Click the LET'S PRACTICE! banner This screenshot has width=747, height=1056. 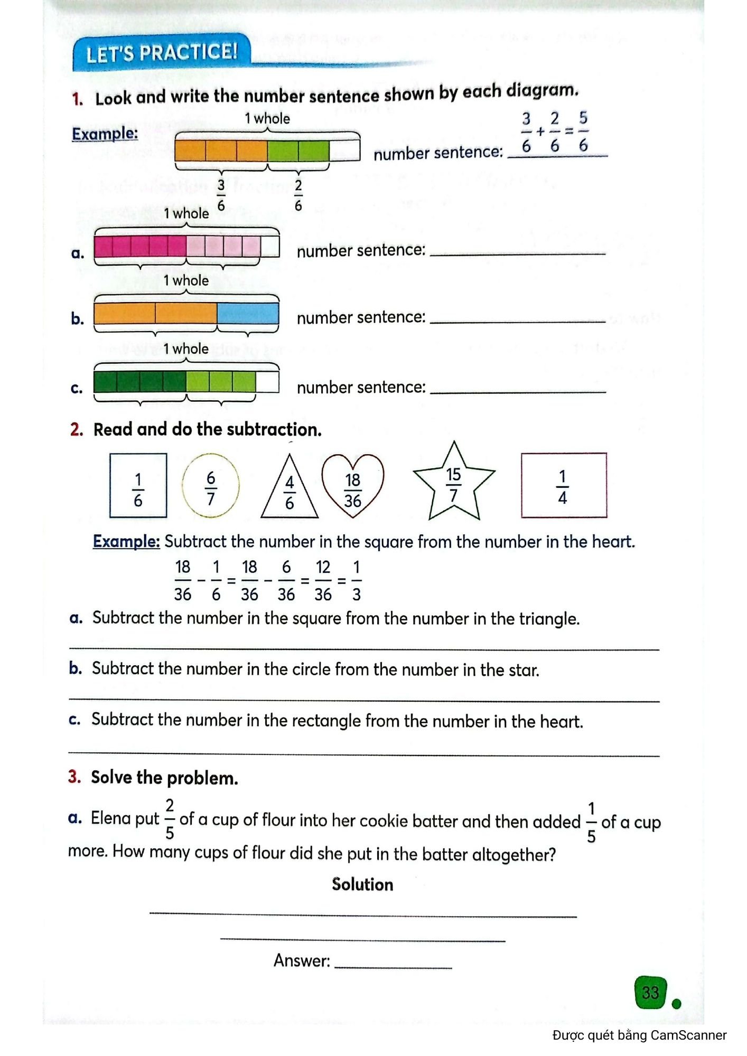[x=161, y=52]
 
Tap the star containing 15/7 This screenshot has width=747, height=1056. [x=453, y=484]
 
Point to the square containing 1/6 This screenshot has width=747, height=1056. [x=138, y=486]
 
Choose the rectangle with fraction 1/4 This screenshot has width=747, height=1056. [x=563, y=485]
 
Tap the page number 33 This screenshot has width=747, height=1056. [x=650, y=992]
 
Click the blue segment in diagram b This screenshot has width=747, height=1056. [x=248, y=314]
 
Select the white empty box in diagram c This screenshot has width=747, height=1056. [x=267, y=382]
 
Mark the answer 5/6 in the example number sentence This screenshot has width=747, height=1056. [x=583, y=131]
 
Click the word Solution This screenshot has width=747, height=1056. [x=362, y=884]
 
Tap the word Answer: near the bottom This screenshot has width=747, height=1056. [x=302, y=960]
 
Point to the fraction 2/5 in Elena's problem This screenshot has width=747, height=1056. [x=170, y=819]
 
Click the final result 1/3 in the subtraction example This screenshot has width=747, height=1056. [x=357, y=581]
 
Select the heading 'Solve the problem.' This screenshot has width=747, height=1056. [x=164, y=778]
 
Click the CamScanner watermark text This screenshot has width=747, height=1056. [x=639, y=1035]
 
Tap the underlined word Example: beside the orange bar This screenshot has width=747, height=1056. [x=105, y=134]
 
